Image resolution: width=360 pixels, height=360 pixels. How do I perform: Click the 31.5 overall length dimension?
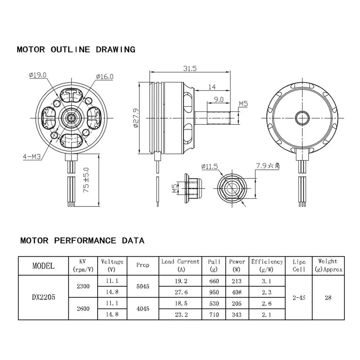(x=190, y=69)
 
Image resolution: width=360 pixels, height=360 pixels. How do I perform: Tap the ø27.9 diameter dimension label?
(x=135, y=118)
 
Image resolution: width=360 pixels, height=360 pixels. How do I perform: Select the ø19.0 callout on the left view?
(x=38, y=75)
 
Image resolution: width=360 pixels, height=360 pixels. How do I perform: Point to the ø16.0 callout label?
(x=104, y=77)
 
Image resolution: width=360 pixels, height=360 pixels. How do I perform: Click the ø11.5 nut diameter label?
(x=209, y=166)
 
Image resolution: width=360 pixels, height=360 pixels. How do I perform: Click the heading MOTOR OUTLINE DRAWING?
(x=76, y=50)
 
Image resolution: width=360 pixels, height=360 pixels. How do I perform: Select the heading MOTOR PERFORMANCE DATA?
(x=82, y=241)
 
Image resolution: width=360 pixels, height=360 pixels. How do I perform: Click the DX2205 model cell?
(x=43, y=297)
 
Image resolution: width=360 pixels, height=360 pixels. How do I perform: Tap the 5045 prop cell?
(x=143, y=286)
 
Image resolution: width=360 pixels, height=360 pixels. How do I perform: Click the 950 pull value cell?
(x=214, y=292)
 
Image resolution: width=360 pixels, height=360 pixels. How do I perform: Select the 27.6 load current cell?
(x=180, y=292)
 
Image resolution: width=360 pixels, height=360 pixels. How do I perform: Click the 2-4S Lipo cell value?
(x=299, y=297)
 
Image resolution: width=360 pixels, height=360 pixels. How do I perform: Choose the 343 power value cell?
(x=236, y=314)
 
